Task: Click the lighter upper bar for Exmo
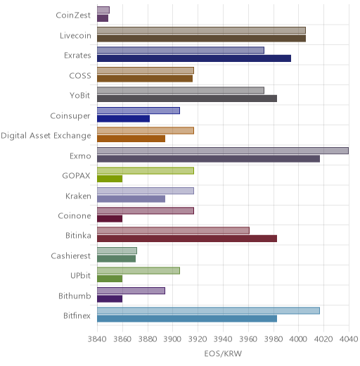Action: (223, 151)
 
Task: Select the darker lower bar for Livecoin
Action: (201, 38)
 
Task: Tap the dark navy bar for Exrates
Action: (194, 58)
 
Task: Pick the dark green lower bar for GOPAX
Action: (110, 179)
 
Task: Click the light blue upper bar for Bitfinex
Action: (208, 310)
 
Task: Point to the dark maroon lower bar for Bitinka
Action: (187, 239)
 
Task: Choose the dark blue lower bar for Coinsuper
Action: (123, 119)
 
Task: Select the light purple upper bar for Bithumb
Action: (131, 291)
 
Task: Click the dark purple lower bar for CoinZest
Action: (103, 18)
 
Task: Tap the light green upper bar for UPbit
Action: (139, 271)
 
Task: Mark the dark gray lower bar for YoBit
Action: (187, 99)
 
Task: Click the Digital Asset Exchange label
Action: (46, 136)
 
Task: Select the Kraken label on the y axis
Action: (78, 196)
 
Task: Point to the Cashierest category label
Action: (71, 255)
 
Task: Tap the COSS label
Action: (80, 75)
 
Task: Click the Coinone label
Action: (75, 215)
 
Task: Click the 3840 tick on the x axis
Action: (96, 339)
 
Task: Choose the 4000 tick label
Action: (298, 339)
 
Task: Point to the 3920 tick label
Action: (198, 339)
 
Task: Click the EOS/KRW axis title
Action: (223, 353)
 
